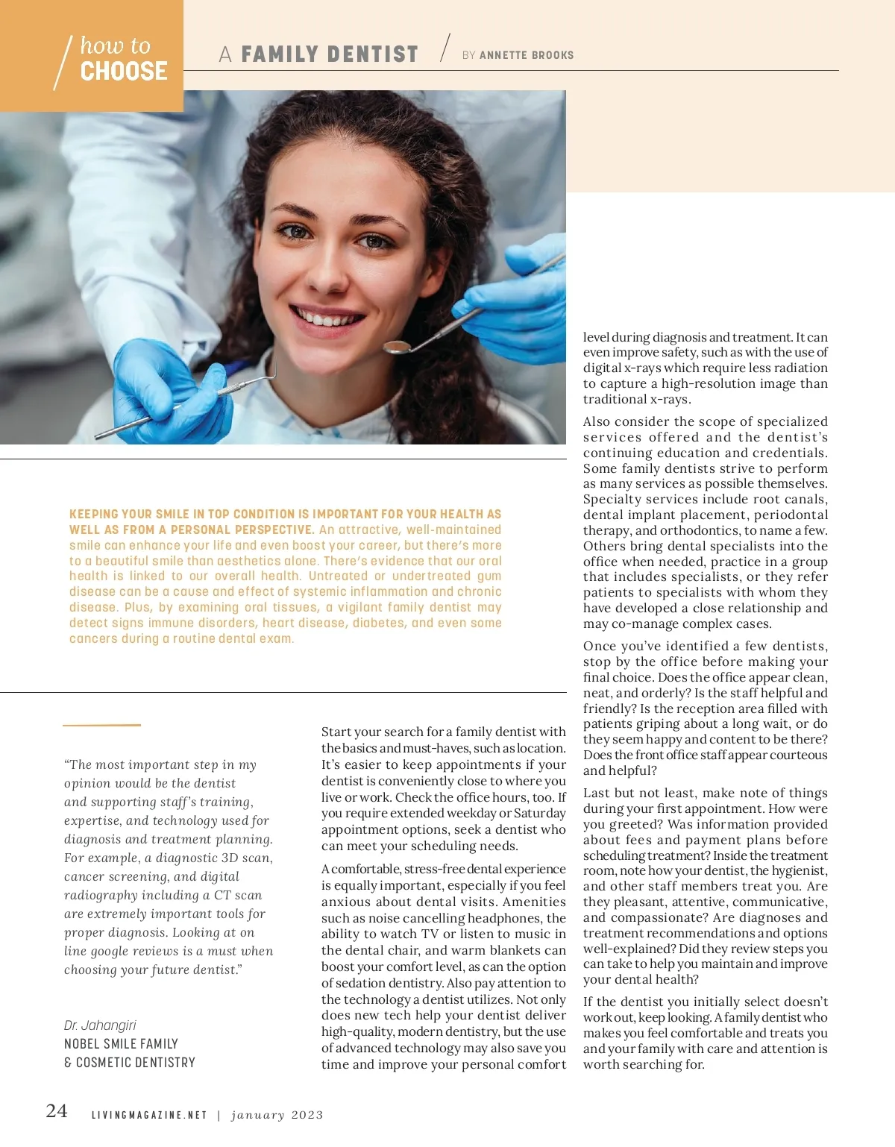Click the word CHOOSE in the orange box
(124, 72)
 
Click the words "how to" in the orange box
(115, 45)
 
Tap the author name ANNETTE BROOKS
(527, 55)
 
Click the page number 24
(57, 1111)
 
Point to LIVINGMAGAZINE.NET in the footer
(149, 1115)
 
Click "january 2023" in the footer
(277, 1115)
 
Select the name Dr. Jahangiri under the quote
(100, 1025)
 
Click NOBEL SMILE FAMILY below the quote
(121, 1044)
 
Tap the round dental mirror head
(396, 346)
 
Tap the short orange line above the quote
(101, 724)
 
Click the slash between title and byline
(445, 48)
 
